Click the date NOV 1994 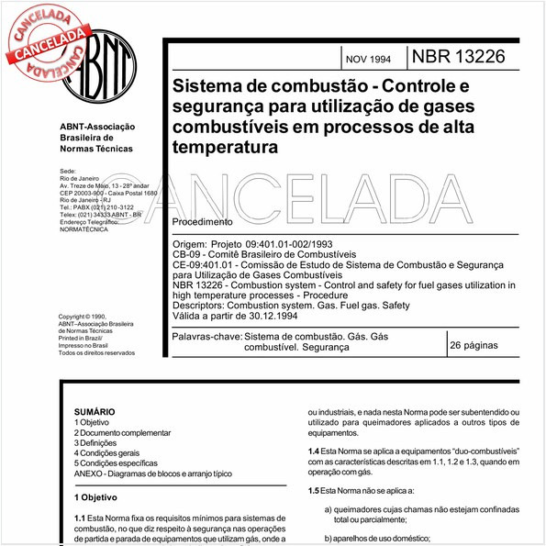pos(368,60)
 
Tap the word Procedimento pos(202,222)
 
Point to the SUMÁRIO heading pos(95,413)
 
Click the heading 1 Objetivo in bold pos(96,497)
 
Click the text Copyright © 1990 pos(92,317)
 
